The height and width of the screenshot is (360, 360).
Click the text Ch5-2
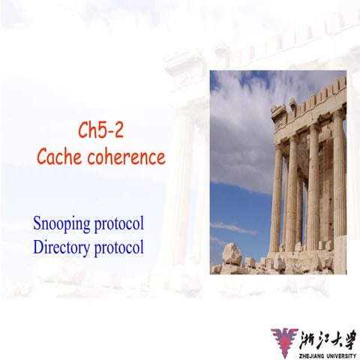click(100, 130)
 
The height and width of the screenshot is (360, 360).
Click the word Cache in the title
click(61, 158)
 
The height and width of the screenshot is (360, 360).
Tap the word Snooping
click(61, 224)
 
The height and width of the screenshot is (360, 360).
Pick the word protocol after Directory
click(118, 246)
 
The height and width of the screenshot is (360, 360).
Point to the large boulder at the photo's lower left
click(232, 255)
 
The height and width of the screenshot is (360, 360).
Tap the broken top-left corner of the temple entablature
click(278, 113)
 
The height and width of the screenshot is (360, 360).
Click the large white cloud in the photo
click(240, 127)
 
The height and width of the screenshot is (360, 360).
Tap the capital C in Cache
click(43, 158)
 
